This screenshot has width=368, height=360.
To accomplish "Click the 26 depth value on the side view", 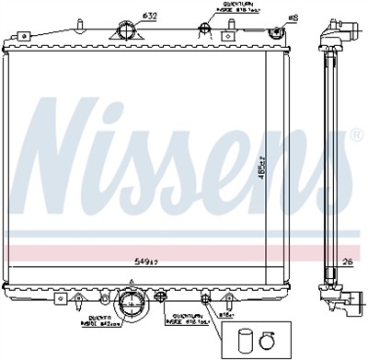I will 347,261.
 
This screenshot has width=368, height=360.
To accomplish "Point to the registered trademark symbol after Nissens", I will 356,135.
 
